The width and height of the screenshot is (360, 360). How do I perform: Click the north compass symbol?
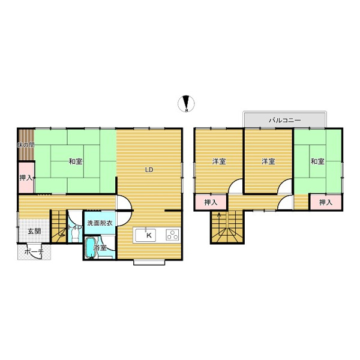pos(186,103)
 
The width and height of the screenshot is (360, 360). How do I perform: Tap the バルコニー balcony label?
pos(284,121)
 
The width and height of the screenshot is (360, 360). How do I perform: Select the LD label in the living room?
pos(149,170)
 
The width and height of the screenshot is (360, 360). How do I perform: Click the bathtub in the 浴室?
pos(90,248)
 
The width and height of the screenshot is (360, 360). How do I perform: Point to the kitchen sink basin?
pos(145,235)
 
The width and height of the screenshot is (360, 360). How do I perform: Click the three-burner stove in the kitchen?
pos(172,235)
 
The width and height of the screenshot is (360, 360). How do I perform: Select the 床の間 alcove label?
pos(26,145)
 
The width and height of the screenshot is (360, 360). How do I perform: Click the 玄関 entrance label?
pos(34,231)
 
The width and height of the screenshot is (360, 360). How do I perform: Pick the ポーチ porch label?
pos(34,251)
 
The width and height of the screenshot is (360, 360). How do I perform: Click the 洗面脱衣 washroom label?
pos(100,223)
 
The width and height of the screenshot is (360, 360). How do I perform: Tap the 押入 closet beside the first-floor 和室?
pos(26,178)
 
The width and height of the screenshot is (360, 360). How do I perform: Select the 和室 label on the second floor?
pos(317,161)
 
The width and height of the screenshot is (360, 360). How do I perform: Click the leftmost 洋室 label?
pos(219,161)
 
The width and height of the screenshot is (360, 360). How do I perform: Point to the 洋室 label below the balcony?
pos(268,161)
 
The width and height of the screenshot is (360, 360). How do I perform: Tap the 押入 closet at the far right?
pos(326,202)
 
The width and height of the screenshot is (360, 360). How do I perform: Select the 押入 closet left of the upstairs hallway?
pos(211,202)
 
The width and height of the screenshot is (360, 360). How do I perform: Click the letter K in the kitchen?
pos(149,235)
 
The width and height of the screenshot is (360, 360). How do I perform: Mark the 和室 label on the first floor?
pos(76,161)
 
